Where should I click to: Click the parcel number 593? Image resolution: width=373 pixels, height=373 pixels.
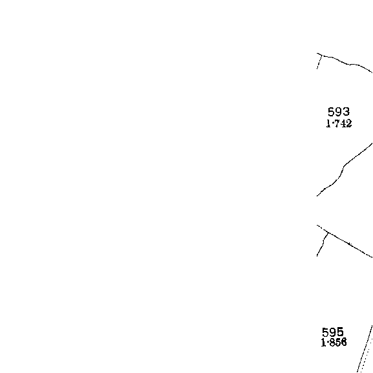click(339, 112)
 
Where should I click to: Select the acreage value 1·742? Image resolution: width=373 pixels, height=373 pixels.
click(339, 123)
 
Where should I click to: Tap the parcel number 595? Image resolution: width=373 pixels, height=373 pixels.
click(333, 332)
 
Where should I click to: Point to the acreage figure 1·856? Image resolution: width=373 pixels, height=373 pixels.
click(334, 343)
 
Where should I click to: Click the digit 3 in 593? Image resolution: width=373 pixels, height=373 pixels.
click(346, 112)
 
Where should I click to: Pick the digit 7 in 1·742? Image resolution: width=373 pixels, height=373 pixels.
click(337, 123)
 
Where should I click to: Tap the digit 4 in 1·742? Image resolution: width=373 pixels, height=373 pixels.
click(343, 123)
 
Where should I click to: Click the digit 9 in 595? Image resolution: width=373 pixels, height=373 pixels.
click(333, 332)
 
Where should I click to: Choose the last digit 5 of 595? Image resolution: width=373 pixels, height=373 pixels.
click(341, 332)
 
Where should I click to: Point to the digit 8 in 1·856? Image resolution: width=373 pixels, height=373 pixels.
click(332, 343)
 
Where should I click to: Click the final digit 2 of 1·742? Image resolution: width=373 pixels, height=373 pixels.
click(348, 123)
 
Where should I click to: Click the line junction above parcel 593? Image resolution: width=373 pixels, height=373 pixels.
click(322, 55)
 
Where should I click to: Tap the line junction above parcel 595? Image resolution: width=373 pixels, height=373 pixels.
click(328, 232)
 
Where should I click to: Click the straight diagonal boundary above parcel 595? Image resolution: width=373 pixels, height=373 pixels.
click(345, 241)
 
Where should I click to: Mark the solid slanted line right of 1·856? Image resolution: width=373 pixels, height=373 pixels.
click(365, 349)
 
